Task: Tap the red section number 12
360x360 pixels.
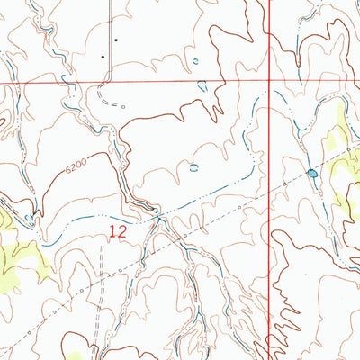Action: point(117,232)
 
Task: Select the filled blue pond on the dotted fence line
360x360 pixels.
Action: point(311,173)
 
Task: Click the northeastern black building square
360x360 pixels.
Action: point(116,40)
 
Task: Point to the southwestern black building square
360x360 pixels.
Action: point(103,57)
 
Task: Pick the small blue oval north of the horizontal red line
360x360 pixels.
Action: point(196,61)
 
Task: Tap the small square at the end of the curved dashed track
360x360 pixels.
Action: point(124,105)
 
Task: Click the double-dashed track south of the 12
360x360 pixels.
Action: point(100,306)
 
